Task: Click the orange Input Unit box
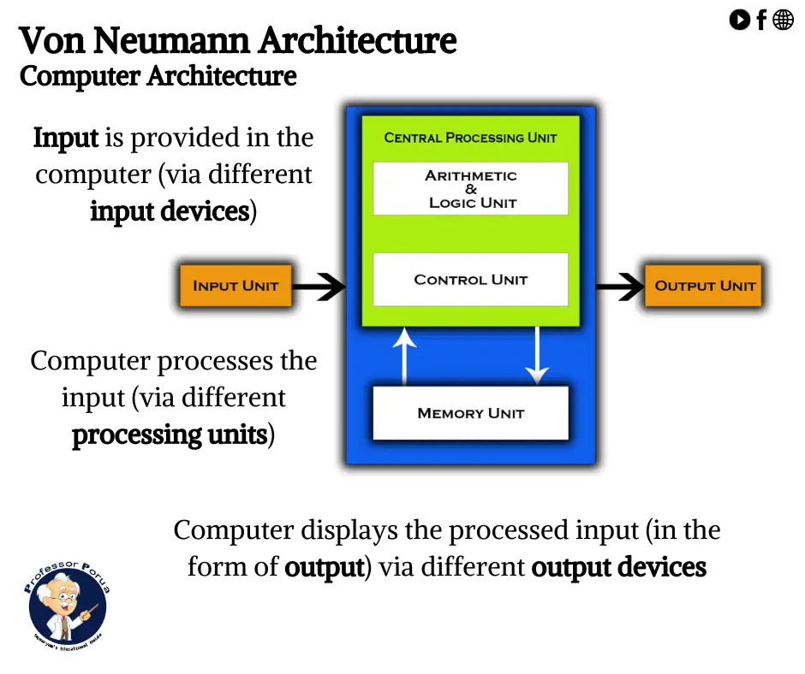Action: pos(236,287)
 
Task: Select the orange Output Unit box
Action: pos(704,287)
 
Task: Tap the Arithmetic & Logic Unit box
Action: pos(470,188)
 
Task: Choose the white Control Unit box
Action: pos(470,280)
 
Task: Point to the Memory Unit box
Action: pos(470,413)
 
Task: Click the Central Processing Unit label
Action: pos(470,138)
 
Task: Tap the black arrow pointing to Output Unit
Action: pos(618,287)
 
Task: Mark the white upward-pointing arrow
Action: pos(404,354)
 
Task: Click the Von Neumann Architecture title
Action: pos(237,40)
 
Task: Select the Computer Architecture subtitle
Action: pos(158,76)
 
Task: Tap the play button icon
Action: pos(739,19)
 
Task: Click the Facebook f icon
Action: pos(761,20)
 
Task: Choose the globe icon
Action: pos(784,19)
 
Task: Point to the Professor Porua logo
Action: pos(67,603)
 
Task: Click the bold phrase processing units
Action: pos(170,435)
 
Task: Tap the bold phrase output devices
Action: pos(618,567)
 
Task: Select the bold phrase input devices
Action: pos(170,211)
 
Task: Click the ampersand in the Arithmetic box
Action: pos(471,189)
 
